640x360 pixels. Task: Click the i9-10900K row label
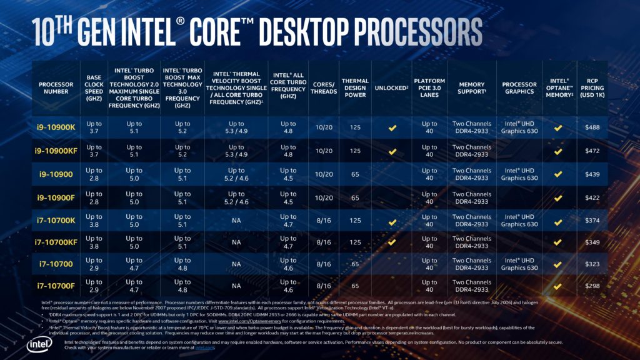tap(56, 127)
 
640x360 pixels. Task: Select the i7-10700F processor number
tap(56, 286)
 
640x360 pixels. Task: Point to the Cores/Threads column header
tap(324, 88)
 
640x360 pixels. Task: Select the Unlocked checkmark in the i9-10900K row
tap(392, 127)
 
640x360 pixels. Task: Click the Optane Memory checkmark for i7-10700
tap(557, 264)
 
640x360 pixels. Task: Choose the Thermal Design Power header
tap(355, 88)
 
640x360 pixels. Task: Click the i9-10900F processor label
tap(56, 198)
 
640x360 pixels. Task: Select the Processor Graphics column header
tap(519, 88)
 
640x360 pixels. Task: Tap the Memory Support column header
tap(472, 88)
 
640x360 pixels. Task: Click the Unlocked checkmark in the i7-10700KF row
tap(392, 242)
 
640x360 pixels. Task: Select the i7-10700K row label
tap(56, 221)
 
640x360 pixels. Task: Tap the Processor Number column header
tap(56, 88)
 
